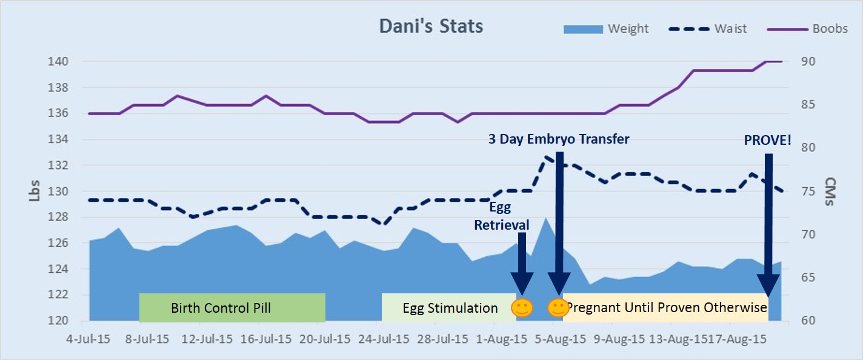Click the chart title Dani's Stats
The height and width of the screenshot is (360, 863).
(431, 27)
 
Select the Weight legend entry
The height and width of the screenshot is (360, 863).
(628, 28)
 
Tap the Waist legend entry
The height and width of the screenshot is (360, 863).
(730, 28)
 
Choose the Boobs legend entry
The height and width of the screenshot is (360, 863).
(830, 28)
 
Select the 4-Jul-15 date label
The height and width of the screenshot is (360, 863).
(88, 339)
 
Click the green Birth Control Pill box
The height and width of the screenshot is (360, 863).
(232, 308)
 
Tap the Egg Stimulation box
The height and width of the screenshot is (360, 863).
(448, 308)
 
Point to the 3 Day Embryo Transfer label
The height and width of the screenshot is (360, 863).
(559, 139)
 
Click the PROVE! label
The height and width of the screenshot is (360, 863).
(767, 141)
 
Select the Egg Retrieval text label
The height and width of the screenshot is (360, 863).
(501, 216)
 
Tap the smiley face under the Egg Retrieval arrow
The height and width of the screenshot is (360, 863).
(522, 308)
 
